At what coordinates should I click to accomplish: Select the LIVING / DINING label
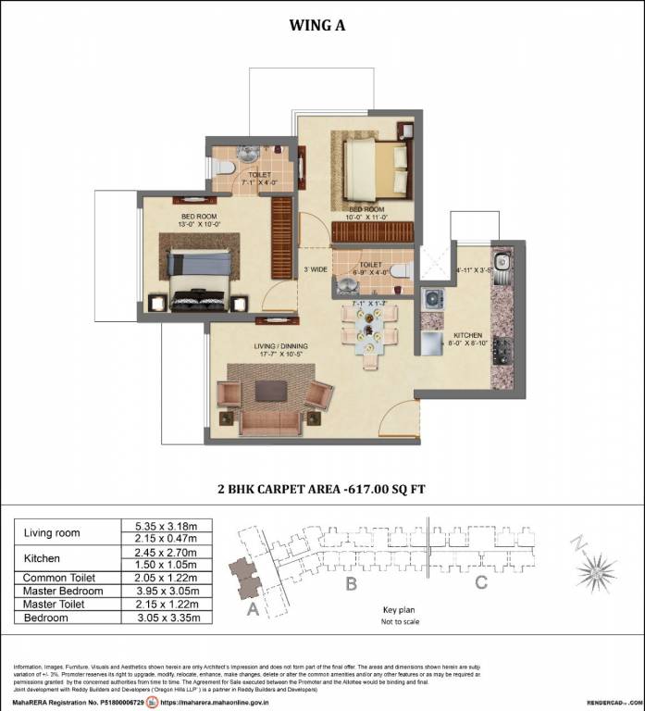click(281, 345)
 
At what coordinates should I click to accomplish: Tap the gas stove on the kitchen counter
click(504, 350)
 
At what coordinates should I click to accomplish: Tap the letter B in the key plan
click(351, 584)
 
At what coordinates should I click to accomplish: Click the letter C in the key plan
click(480, 583)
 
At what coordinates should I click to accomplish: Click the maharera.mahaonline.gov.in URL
click(220, 702)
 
